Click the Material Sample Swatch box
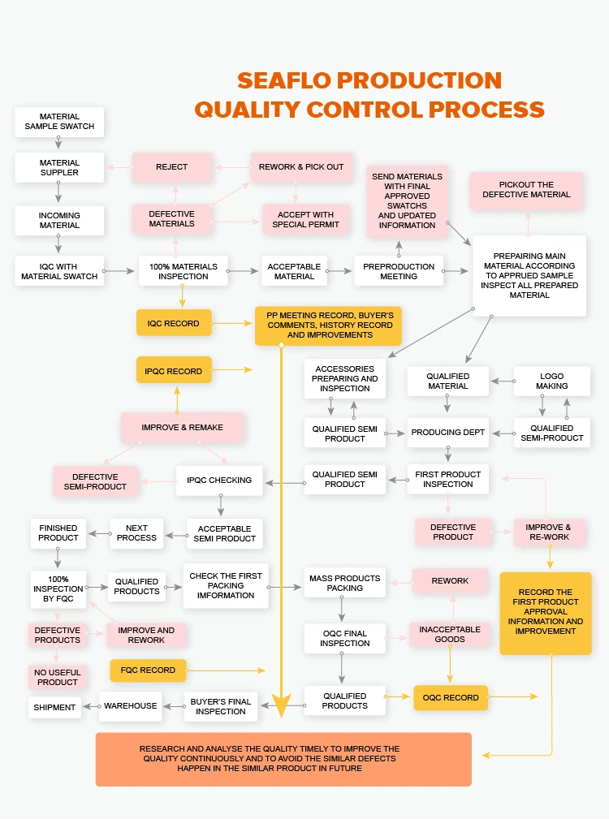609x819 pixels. coord(59,122)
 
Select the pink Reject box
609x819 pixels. coord(171,167)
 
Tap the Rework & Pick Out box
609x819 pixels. coord(301,167)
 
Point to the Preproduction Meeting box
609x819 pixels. coord(399,271)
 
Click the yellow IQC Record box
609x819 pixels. coord(173,323)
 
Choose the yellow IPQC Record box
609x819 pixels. coord(173,371)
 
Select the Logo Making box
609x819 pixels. coord(552,381)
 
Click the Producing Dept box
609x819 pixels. coord(448,433)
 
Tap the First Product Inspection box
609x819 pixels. coord(448,480)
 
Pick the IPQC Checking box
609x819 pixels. coord(219,480)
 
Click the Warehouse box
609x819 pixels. coord(130,706)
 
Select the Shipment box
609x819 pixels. coord(54,707)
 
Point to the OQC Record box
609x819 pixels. coord(451,698)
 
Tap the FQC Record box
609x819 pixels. coord(149,670)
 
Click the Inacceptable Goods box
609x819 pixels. coord(450,634)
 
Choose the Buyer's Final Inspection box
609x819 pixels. coord(221,706)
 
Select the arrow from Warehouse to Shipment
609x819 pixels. coord(90,706)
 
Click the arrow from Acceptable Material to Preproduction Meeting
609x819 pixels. coord(340,271)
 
